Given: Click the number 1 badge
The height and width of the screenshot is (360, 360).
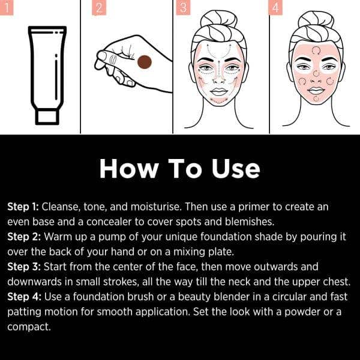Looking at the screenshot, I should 7,7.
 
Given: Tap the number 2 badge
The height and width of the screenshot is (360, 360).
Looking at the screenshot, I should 100,7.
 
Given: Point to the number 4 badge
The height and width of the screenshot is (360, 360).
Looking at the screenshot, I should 276,7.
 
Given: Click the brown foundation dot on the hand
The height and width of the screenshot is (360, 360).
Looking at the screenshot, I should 144,62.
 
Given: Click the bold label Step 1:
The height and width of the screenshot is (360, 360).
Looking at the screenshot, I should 23,206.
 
